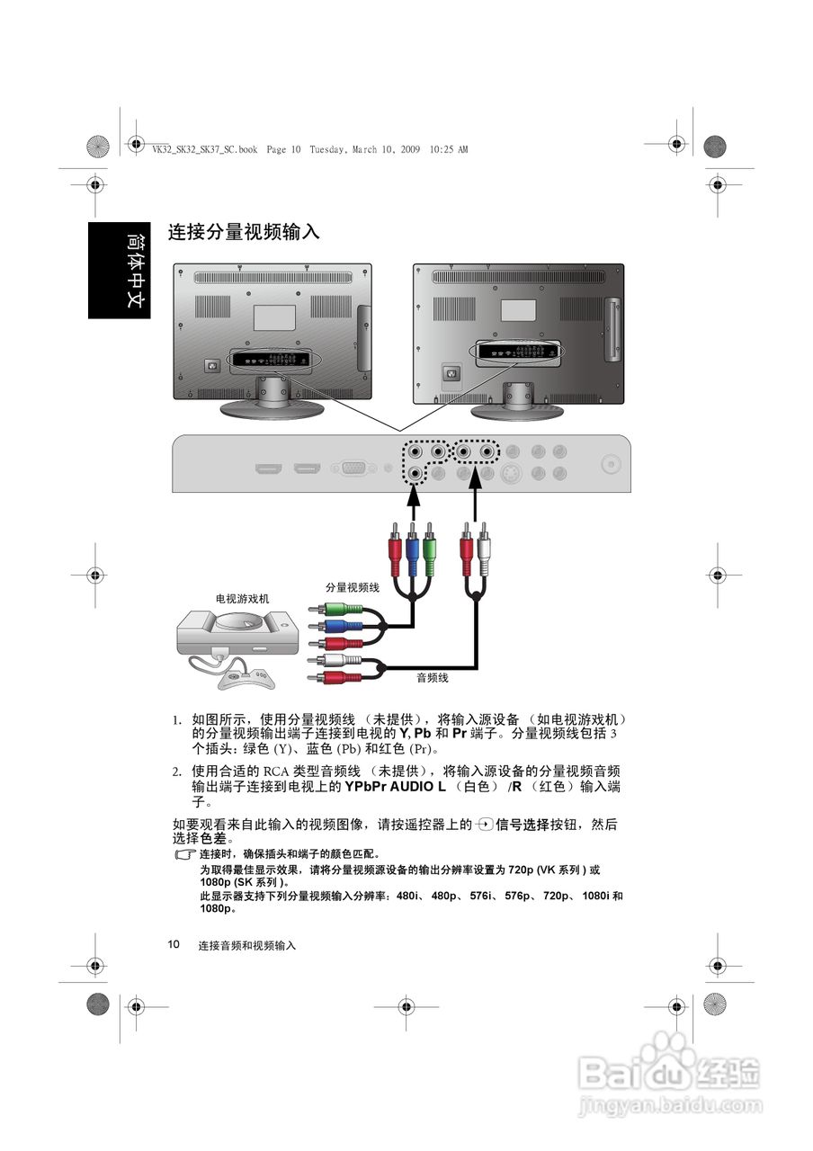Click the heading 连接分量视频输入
[244, 232]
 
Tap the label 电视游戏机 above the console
[242, 598]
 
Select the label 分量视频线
[353, 586]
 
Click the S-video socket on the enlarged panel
[512, 473]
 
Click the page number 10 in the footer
[174, 944]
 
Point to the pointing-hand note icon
[184, 854]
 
